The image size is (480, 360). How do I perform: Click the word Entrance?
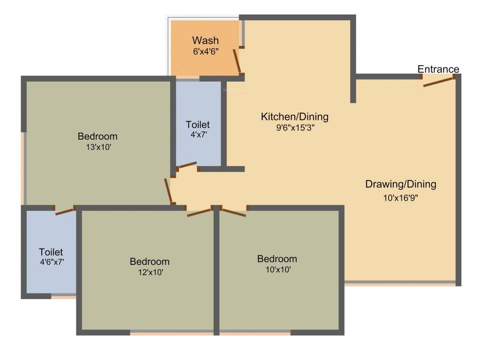click(438, 69)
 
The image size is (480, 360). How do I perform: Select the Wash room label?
click(205, 41)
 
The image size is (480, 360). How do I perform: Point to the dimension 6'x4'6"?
click(205, 52)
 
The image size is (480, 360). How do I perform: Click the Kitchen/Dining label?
click(295, 117)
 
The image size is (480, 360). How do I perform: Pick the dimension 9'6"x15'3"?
click(295, 127)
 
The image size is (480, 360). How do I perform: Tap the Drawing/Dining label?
click(401, 184)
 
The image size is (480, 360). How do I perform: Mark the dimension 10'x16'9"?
click(401, 198)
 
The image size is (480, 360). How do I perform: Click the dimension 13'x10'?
click(97, 147)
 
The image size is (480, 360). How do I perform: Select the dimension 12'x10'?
click(150, 272)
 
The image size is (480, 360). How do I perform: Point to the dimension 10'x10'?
click(277, 270)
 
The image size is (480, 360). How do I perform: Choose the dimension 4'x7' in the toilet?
click(198, 135)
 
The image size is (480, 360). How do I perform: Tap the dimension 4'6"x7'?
click(51, 262)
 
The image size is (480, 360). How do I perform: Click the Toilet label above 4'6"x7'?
click(51, 252)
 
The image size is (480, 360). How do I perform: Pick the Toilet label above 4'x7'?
click(198, 125)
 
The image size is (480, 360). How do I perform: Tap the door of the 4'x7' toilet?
click(187, 165)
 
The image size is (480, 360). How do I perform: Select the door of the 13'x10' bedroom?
click(168, 190)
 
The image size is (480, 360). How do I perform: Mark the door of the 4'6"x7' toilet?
click(65, 211)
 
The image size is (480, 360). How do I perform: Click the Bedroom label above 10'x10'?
click(277, 259)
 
